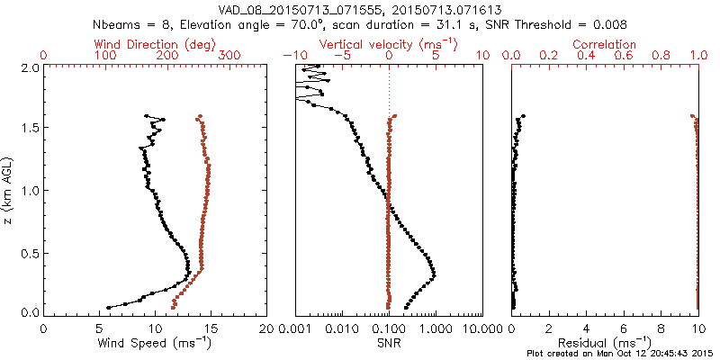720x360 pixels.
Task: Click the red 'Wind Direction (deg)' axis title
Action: tap(155, 44)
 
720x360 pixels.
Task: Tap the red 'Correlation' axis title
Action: tap(604, 44)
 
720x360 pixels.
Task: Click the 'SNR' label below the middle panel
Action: tap(389, 343)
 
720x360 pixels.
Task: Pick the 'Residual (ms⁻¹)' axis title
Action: tap(604, 343)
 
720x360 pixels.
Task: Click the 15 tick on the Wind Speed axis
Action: tap(211, 329)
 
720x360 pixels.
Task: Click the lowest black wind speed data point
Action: tap(108, 308)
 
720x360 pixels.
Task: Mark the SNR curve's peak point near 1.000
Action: tap(434, 275)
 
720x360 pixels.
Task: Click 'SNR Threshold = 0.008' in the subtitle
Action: tap(556, 23)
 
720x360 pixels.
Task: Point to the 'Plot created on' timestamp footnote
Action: tap(622, 354)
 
